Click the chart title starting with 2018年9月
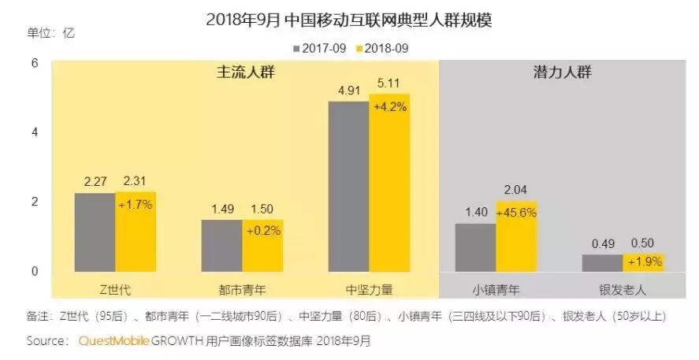pos(349,20)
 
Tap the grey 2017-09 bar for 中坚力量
pos(348,187)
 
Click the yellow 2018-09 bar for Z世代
pos(136,232)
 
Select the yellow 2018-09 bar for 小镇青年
pos(516,237)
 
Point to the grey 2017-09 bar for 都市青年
pos(221,246)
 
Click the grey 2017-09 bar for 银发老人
pos(602,263)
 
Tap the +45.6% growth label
pos(516,213)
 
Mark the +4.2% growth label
pos(390,107)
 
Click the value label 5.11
pos(390,83)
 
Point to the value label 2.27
pos(95,181)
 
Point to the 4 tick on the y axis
pos(34,132)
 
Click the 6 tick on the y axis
pos(34,62)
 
